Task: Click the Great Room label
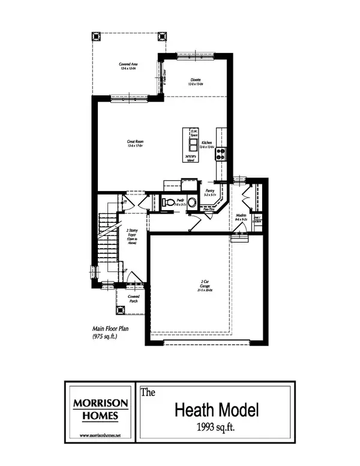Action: [136, 143]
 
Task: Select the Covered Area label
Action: [127, 67]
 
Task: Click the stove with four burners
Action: [220, 153]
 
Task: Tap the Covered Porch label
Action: [133, 298]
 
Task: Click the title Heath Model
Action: [217, 411]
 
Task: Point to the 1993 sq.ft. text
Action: [217, 429]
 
